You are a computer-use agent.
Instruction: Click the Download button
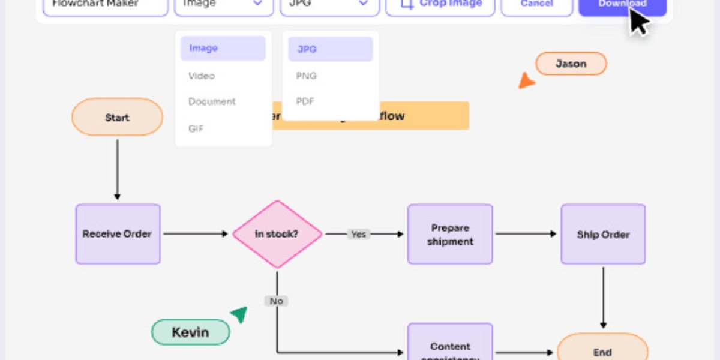click(622, 5)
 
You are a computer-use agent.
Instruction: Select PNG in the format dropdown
click(307, 76)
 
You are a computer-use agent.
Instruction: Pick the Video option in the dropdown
click(202, 76)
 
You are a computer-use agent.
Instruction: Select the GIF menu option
click(197, 127)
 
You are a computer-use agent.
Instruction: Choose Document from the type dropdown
click(212, 101)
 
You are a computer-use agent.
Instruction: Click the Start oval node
click(117, 117)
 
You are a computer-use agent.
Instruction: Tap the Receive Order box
click(118, 234)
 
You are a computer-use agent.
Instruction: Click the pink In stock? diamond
click(277, 234)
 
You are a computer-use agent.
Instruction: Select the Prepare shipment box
click(450, 234)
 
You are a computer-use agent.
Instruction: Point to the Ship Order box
click(603, 234)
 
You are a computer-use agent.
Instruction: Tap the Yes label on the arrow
click(358, 234)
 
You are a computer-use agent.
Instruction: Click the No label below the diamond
click(277, 301)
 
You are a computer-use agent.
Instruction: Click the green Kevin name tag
click(190, 332)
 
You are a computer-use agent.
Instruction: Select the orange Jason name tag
click(571, 64)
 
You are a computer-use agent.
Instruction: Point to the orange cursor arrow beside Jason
click(526, 81)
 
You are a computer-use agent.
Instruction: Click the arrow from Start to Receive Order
click(117, 169)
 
